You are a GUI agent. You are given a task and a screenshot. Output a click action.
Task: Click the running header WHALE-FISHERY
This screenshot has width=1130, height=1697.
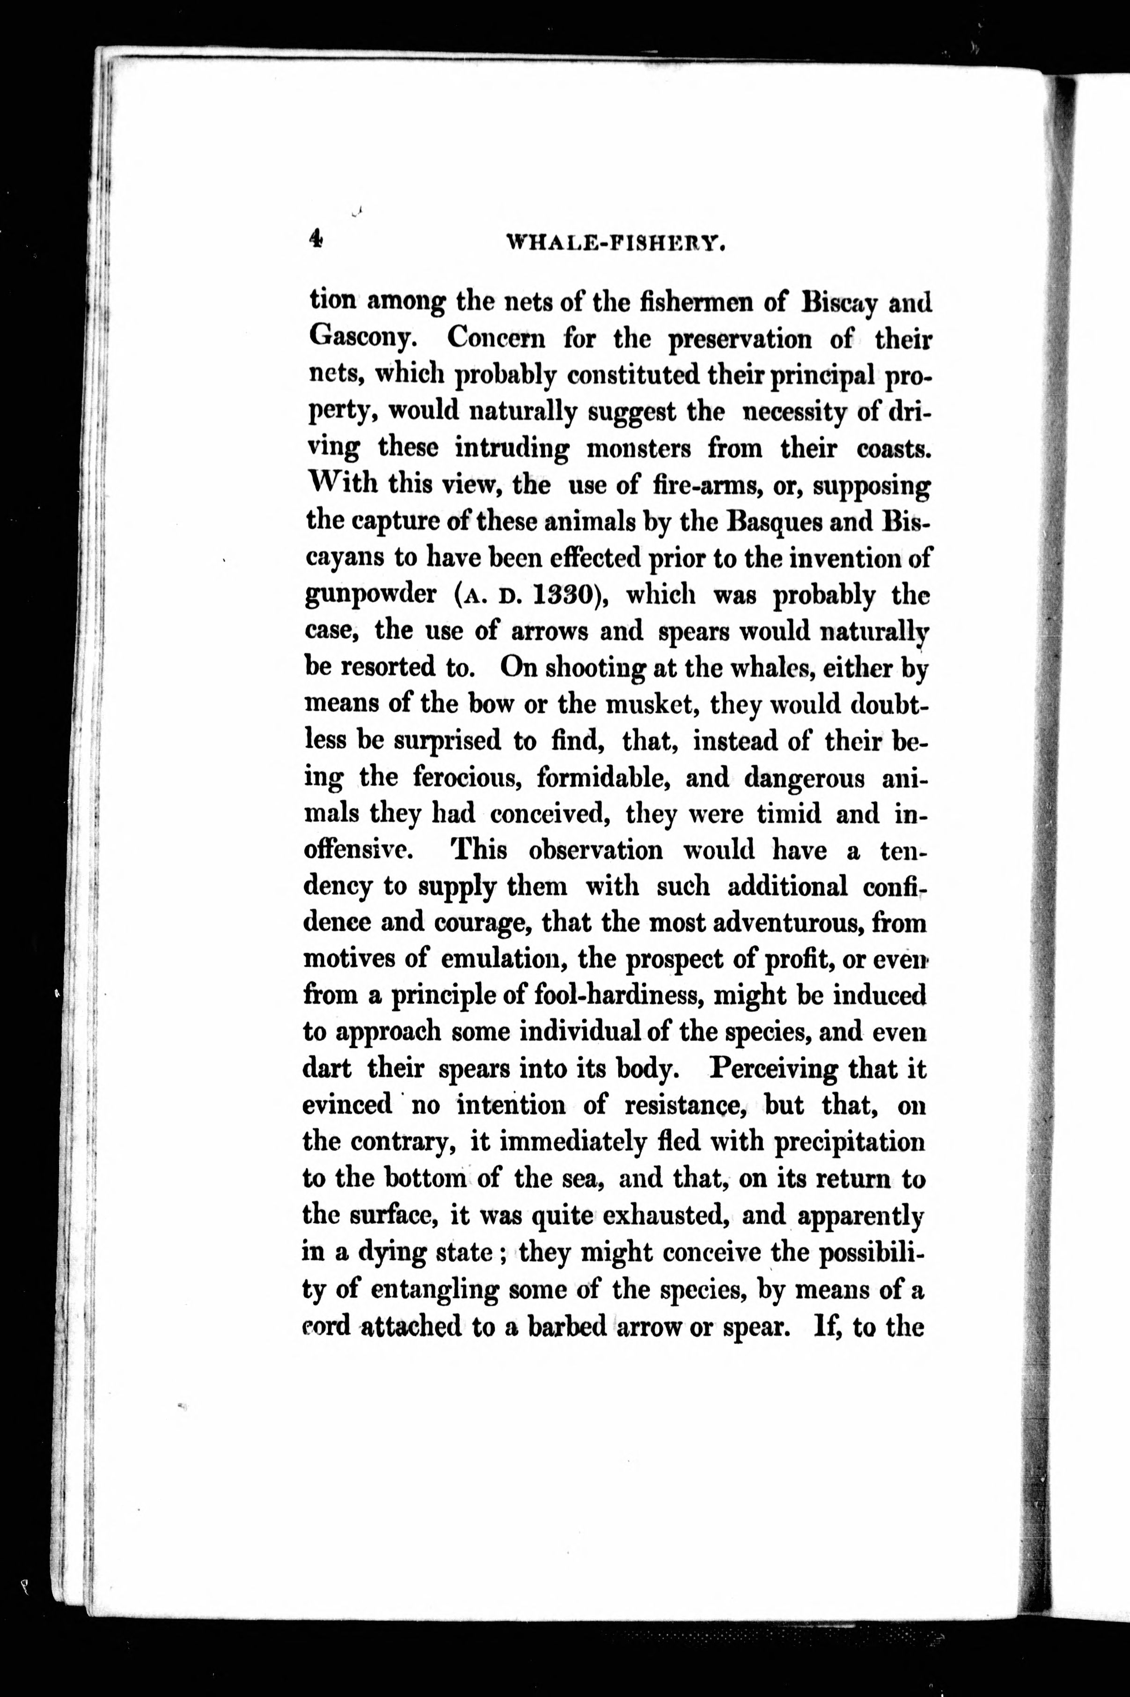click(615, 243)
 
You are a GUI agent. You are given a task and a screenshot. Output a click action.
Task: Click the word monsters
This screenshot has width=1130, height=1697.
click(638, 449)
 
